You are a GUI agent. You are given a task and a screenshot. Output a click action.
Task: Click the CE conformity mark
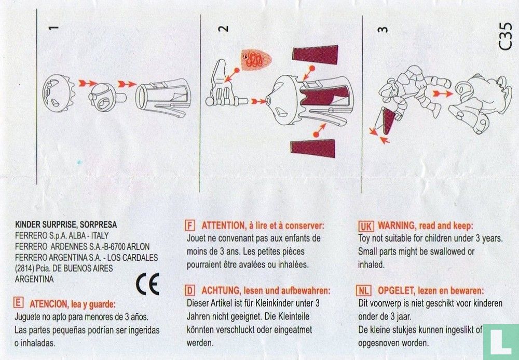pos(147,284)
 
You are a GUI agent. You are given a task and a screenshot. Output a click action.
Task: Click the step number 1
pos(54,28)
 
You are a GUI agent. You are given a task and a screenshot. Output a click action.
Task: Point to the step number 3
pos(383,29)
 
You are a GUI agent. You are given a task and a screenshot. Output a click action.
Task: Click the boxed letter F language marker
pos(189,225)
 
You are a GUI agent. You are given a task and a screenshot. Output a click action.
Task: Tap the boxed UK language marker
pos(366,226)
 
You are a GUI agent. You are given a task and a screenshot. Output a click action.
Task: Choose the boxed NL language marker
pos(363,290)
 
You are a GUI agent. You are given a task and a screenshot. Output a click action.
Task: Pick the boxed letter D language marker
pos(189,290)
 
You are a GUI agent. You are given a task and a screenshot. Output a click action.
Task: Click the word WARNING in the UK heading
pos(397,226)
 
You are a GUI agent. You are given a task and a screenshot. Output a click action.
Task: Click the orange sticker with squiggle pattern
pos(256,60)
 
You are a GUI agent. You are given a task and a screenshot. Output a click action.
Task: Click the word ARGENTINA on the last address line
pos(34,279)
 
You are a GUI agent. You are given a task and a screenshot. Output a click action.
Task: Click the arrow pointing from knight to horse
pos(442,94)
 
